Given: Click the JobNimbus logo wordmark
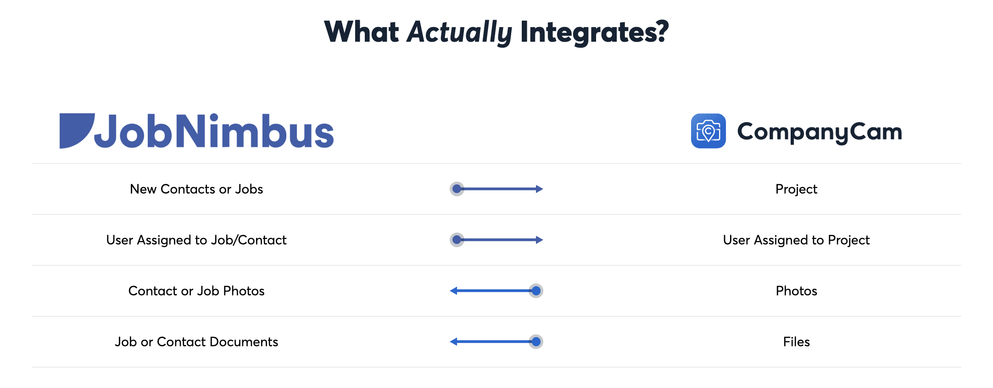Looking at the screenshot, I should [x=214, y=132].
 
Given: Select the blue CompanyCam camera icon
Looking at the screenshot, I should [x=708, y=131].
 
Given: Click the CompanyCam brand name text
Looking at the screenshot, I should [x=820, y=132].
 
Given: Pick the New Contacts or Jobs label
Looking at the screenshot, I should [x=196, y=189].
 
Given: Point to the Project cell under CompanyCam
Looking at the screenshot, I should [x=796, y=189].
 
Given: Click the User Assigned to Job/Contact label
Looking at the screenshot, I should [x=196, y=240].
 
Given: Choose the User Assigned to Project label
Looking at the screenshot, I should [x=796, y=240].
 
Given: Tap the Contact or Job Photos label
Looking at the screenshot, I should [x=196, y=291].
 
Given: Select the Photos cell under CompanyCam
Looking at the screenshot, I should [x=796, y=291].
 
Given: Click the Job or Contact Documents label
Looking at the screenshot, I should [x=196, y=342].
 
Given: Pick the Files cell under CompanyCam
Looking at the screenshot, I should [x=796, y=342].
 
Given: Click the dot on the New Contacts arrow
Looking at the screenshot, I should [x=457, y=189].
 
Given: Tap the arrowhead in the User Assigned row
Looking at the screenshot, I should [x=539, y=240].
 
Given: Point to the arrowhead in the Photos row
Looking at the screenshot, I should [x=454, y=291].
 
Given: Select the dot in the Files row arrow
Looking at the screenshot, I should [x=536, y=342].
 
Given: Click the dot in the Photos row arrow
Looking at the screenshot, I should [x=536, y=291].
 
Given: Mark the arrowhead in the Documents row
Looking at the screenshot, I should [x=454, y=342].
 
